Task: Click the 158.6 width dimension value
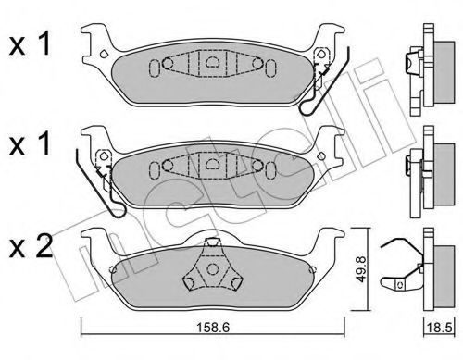coord(213,328)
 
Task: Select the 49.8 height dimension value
coord(360,268)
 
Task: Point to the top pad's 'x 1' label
coord(30,44)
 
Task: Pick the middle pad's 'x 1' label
coord(30,143)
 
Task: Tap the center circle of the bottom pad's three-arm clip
coord(212,269)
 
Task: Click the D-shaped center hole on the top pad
coord(212,62)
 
